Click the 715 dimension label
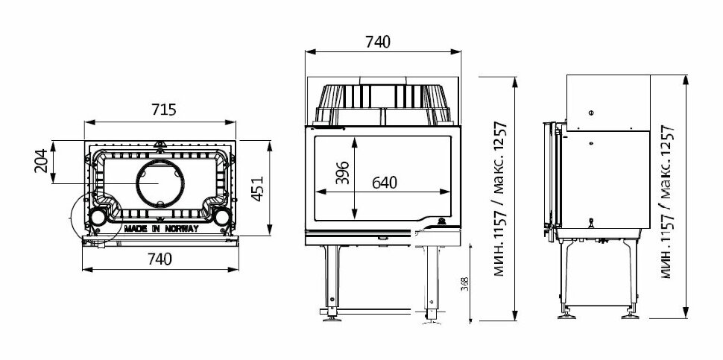164,110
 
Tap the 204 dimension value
41,161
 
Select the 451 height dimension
257,189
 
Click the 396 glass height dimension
343,173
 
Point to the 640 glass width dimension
384,183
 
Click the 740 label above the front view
378,42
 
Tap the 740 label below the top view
160,259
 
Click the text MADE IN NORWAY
161,229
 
